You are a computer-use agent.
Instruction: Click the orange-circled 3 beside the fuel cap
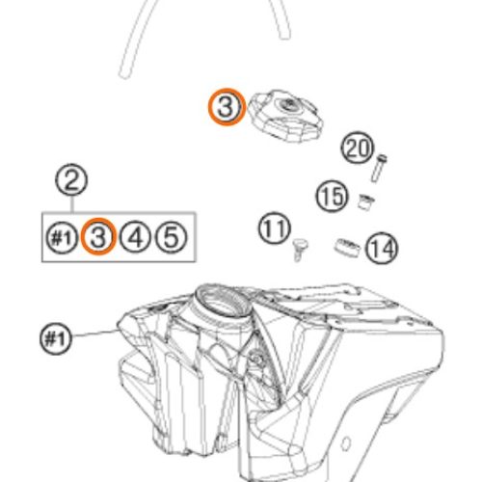[227, 107]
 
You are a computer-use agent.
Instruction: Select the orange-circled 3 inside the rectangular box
[98, 236]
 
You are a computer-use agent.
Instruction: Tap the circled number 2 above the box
[71, 179]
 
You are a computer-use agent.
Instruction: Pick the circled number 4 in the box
[135, 237]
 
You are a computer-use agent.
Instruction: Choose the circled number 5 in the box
[171, 237]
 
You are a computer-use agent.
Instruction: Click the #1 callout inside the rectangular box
[62, 238]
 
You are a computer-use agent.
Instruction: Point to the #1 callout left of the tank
[56, 338]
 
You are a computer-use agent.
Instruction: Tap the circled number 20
[358, 147]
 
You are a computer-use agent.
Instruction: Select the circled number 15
[332, 196]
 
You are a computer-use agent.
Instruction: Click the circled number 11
[275, 228]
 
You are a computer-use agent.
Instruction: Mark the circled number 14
[382, 249]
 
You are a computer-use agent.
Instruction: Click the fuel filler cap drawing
[285, 116]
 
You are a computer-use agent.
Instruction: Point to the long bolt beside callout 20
[379, 169]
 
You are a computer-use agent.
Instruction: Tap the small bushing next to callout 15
[366, 201]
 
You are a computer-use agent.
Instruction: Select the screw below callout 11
[300, 250]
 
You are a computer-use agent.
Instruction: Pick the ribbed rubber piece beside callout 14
[347, 248]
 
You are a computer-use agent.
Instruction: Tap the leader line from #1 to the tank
[94, 334]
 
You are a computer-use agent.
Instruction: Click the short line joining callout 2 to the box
[72, 204]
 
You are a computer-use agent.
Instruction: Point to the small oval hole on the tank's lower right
[345, 443]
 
